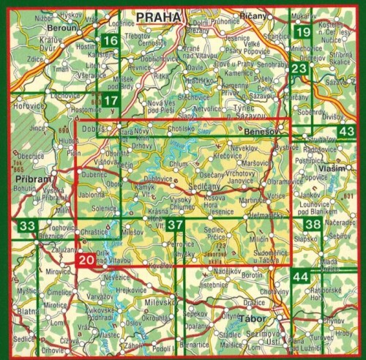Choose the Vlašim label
[329, 169]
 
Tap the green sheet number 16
[111, 41]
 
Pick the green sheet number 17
[111, 100]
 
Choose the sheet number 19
[303, 32]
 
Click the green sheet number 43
[346, 130]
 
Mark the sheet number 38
[313, 225]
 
